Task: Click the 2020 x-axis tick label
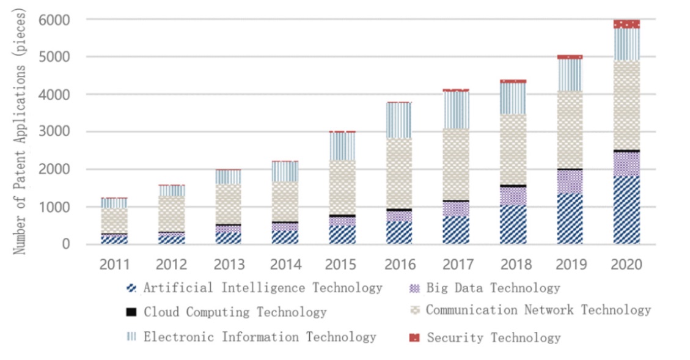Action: click(x=626, y=265)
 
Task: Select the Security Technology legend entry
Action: click(x=493, y=337)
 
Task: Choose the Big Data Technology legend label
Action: click(x=493, y=288)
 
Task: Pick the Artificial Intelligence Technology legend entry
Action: click(x=263, y=288)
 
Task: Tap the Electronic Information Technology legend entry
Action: click(x=260, y=337)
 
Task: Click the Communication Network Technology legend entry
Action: click(x=538, y=310)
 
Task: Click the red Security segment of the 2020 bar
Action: click(x=626, y=24)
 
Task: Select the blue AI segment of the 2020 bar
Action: click(x=626, y=210)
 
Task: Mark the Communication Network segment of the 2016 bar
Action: click(x=399, y=174)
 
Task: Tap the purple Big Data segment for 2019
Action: click(x=570, y=182)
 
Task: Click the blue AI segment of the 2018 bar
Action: click(x=513, y=224)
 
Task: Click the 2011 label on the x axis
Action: click(x=115, y=265)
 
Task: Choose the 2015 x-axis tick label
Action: click(x=342, y=265)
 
